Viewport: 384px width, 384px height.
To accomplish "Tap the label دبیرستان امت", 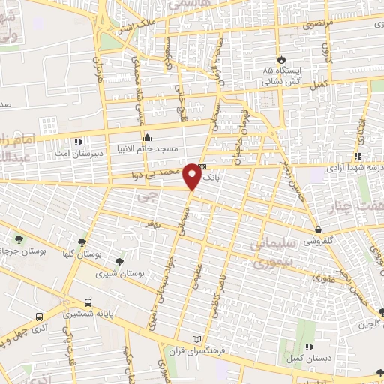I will [75, 153].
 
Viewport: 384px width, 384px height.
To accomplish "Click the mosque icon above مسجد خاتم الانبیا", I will [147, 138].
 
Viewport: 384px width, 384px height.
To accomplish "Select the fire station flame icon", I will [280, 58].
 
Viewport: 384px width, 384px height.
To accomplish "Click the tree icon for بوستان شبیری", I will [119, 262].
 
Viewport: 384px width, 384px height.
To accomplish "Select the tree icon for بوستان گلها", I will [82, 241].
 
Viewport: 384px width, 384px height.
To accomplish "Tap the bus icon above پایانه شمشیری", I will [88, 303].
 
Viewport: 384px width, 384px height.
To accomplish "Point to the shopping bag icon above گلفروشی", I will [319, 230].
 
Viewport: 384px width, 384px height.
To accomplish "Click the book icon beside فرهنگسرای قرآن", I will [196, 338].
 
